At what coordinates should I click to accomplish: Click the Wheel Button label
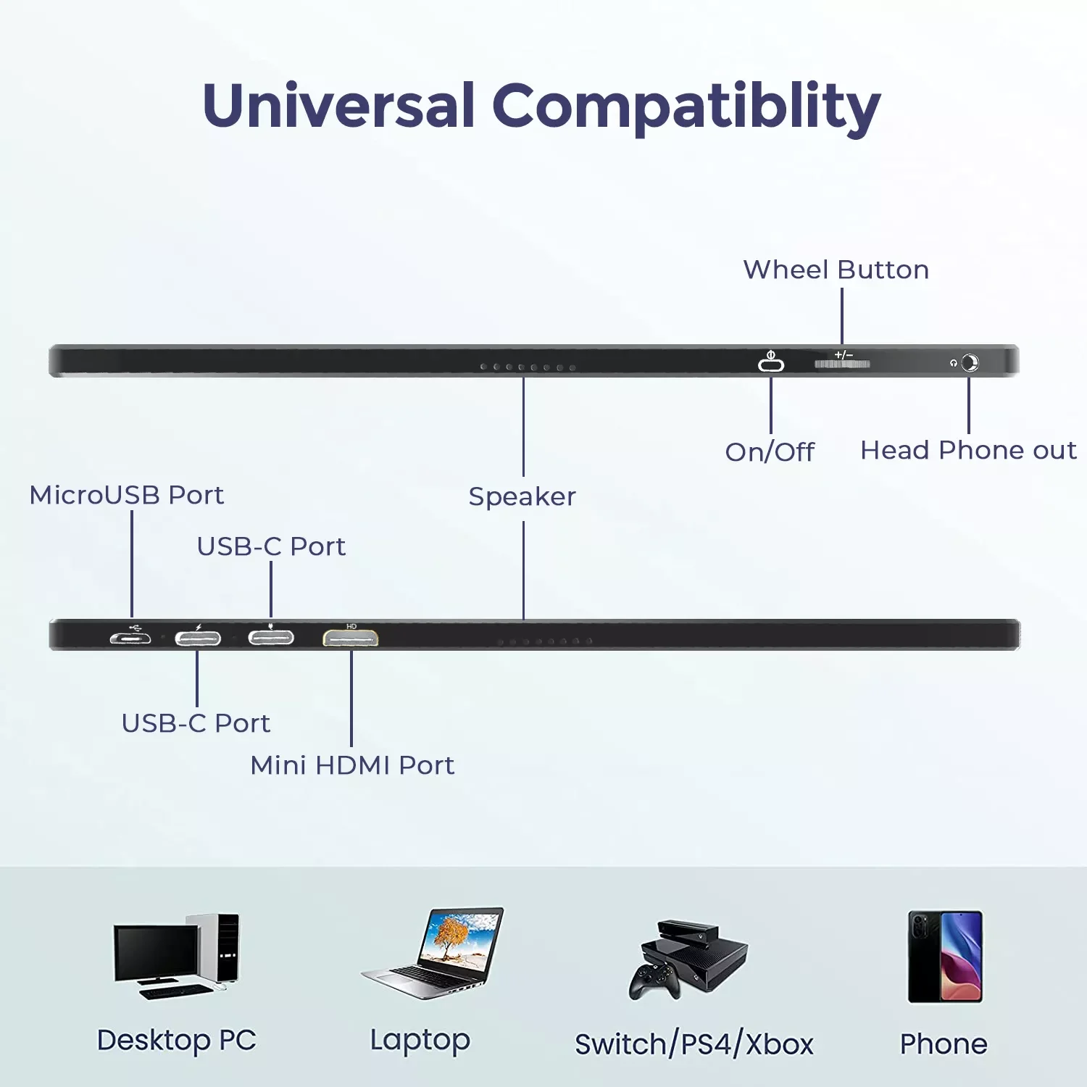[836, 270]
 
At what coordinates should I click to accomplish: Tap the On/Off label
[770, 451]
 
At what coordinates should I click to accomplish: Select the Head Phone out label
[968, 450]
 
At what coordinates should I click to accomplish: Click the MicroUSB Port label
[126, 495]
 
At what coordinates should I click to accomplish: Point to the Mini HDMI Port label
[352, 765]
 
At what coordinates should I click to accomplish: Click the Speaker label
[522, 496]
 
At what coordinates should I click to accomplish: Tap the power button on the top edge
[771, 363]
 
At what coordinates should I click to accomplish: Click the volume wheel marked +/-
[842, 362]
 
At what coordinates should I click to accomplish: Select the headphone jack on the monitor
[970, 362]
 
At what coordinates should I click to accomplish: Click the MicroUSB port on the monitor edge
[130, 638]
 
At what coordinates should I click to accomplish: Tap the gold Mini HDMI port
[351, 638]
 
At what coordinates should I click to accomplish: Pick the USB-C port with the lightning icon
[198, 638]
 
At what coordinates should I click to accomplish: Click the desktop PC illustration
[176, 957]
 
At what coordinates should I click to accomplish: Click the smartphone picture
[945, 957]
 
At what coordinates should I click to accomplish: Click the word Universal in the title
[338, 106]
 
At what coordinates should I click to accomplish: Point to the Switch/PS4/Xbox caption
[694, 1044]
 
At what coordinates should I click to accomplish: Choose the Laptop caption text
[420, 1040]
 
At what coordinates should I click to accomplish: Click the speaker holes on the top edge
[528, 367]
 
